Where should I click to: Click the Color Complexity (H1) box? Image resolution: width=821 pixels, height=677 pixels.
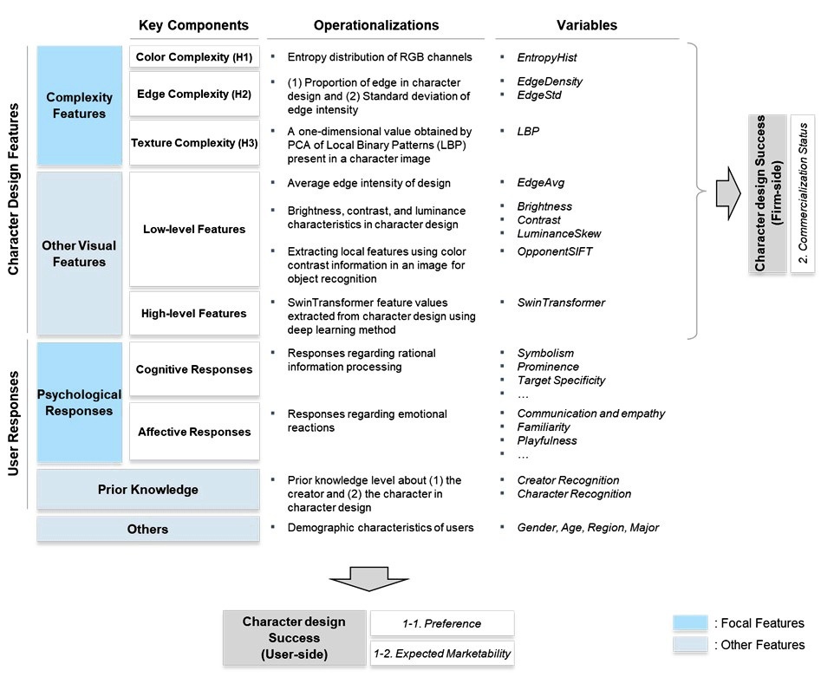(x=194, y=57)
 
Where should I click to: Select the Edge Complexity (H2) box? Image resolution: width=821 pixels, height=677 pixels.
(x=194, y=94)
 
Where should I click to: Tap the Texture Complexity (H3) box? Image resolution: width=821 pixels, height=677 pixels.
(x=194, y=143)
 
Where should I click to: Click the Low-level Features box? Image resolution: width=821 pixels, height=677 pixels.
(x=194, y=229)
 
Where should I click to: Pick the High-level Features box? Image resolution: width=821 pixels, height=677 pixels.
(x=194, y=314)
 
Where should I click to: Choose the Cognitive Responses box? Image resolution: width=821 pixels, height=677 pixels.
(x=194, y=369)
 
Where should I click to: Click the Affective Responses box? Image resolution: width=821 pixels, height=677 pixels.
(x=194, y=432)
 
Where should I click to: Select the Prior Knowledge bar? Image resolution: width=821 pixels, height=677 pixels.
(x=148, y=490)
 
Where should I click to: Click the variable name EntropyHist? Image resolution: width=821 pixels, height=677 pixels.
(x=547, y=57)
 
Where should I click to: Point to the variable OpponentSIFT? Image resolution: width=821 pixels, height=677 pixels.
(x=555, y=251)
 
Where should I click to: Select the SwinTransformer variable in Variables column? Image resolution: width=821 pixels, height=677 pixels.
(x=561, y=303)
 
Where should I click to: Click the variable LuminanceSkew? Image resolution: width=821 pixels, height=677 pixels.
(x=559, y=234)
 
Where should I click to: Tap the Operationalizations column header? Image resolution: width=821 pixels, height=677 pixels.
(x=376, y=25)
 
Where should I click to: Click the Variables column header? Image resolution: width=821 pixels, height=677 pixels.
(x=587, y=25)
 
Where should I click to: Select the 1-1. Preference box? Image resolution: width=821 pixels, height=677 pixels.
(x=442, y=623)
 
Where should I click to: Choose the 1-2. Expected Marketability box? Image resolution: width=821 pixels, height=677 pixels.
(x=442, y=653)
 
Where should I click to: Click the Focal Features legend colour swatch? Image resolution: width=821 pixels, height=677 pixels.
(x=690, y=623)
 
